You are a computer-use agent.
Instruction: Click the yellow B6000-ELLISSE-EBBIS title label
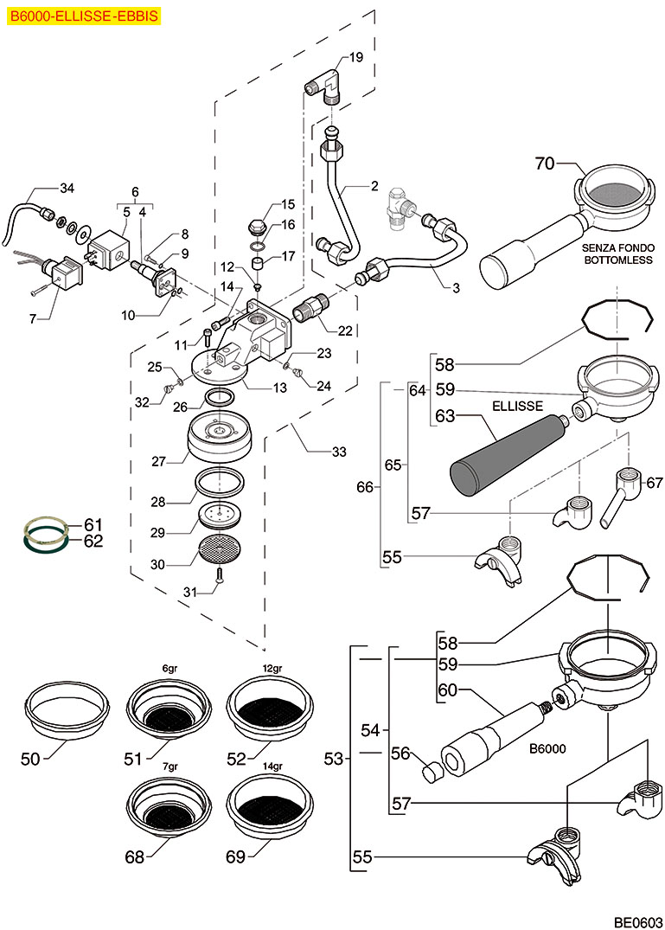84,15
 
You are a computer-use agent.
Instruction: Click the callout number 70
545,162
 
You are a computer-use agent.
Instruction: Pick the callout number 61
93,524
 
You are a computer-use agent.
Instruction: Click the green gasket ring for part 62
46,542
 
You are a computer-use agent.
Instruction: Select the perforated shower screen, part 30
220,549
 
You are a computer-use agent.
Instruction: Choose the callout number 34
67,188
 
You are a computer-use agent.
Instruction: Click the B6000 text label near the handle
547,748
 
